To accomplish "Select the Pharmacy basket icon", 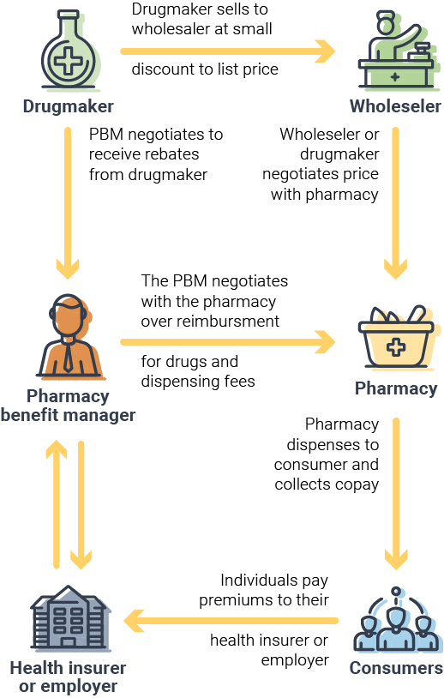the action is pyautogui.click(x=397, y=338).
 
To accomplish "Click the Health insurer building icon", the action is pyautogui.click(x=69, y=618).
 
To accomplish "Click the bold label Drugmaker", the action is pyautogui.click(x=68, y=106).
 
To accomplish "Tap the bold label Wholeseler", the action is pyautogui.click(x=395, y=106).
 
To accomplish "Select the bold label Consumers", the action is pyautogui.click(x=396, y=668).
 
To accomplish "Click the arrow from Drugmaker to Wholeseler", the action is pyautogui.click(x=228, y=51).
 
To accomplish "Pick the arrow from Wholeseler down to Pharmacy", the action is pyautogui.click(x=395, y=203).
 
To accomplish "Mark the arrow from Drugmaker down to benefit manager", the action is pyautogui.click(x=68, y=203).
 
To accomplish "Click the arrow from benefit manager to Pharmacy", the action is pyautogui.click(x=228, y=342).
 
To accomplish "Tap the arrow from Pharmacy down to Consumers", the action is pyautogui.click(x=396, y=494).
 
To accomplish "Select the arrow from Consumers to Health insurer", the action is pyautogui.click(x=231, y=621).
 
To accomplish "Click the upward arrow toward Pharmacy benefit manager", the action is pyautogui.click(x=57, y=504).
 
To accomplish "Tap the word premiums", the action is pyautogui.click(x=231, y=600).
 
